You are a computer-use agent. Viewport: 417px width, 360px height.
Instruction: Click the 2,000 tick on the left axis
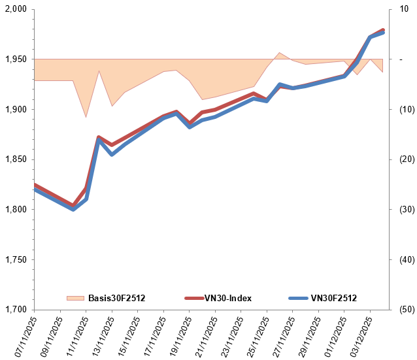point(14,9)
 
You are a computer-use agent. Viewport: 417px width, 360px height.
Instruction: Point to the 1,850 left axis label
point(14,159)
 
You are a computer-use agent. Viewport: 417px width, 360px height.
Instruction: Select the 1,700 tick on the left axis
point(14,310)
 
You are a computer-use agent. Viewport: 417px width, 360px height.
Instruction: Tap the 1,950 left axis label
point(14,59)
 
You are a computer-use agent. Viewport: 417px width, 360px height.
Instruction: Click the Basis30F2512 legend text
point(116,298)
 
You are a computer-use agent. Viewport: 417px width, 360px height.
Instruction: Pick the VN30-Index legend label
point(227,298)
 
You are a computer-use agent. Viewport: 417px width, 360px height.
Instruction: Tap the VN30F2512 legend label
point(333,298)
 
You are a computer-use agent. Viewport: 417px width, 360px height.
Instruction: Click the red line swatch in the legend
point(187,298)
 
